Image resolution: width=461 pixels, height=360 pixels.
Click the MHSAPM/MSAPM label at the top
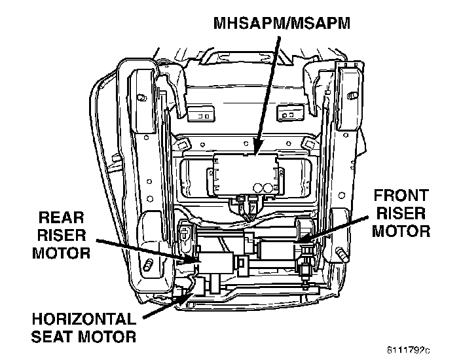(x=282, y=24)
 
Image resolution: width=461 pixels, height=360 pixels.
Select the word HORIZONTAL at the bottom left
(x=83, y=321)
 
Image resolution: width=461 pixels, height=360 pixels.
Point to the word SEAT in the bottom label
(x=54, y=337)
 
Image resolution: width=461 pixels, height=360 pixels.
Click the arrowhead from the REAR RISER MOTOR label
(x=196, y=261)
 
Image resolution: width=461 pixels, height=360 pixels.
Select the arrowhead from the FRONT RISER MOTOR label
(x=303, y=240)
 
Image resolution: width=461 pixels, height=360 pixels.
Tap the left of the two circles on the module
(x=258, y=187)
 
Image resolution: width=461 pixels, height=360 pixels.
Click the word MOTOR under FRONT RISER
(x=401, y=230)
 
